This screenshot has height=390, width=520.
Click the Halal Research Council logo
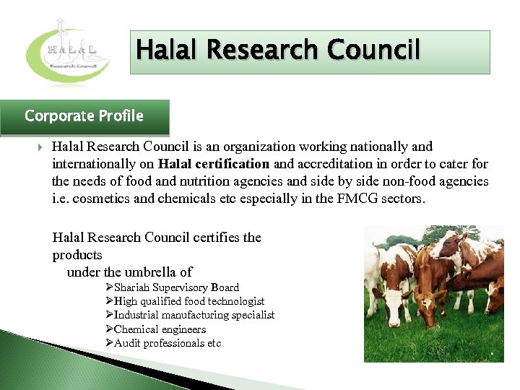(x=68, y=51)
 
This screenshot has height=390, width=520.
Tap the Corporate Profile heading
(x=84, y=116)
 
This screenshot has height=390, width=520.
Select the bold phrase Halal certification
(x=214, y=164)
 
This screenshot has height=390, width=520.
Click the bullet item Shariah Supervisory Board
(x=176, y=287)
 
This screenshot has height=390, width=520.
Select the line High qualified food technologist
(x=189, y=301)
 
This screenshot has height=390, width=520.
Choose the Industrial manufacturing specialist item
(x=194, y=315)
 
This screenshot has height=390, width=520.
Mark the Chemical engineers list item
(x=160, y=329)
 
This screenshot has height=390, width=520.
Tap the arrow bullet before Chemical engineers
(x=109, y=329)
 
